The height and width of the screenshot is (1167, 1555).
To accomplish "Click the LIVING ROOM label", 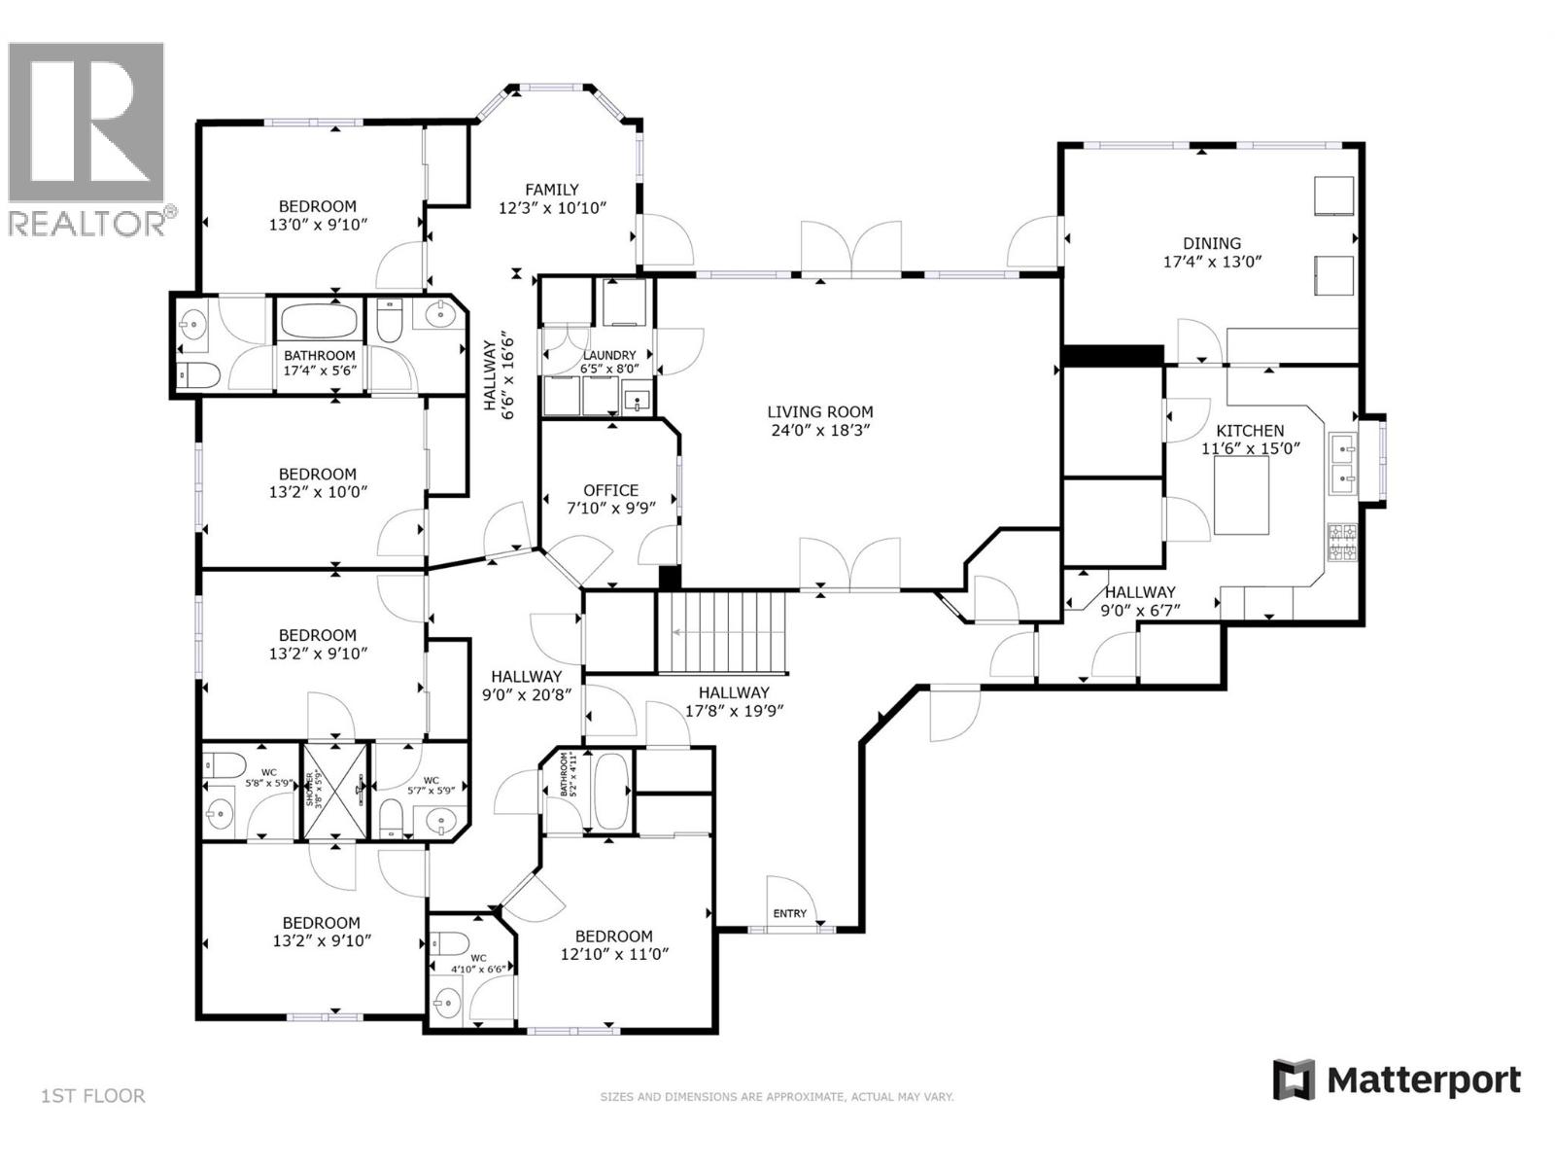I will click(x=819, y=412).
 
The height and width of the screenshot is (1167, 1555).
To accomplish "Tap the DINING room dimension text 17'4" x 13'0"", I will click(x=1212, y=262).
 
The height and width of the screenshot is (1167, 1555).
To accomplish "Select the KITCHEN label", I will click(x=1250, y=431).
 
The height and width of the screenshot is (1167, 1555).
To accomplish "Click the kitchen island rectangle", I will click(x=1242, y=496).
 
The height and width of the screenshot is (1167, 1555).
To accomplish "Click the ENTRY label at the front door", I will click(x=789, y=913).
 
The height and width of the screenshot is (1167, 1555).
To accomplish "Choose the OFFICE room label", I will click(x=610, y=490).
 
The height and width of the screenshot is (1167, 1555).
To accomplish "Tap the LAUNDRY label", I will click(x=608, y=356).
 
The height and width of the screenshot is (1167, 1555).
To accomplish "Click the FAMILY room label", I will click(x=552, y=190).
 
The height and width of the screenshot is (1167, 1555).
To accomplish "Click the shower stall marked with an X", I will click(x=335, y=791).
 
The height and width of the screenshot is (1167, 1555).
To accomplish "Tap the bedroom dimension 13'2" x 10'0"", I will click(x=318, y=492).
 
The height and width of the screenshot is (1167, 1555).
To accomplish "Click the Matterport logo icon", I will click(x=1294, y=1080).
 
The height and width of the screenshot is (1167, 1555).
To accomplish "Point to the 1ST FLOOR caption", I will click(x=93, y=1096).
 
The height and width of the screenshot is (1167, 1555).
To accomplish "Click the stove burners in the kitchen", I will click(x=1342, y=544).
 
